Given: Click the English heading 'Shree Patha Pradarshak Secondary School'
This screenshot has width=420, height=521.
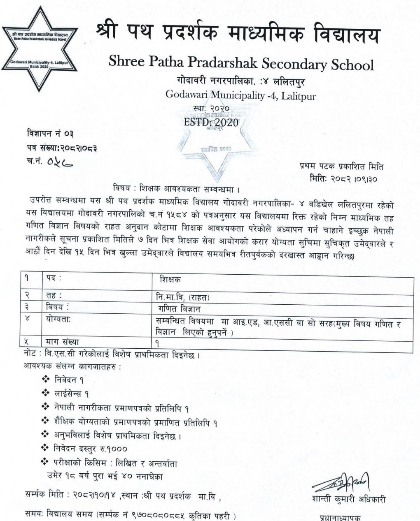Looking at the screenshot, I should point(241,64).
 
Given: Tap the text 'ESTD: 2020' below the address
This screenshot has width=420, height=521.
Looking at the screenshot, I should point(211,122).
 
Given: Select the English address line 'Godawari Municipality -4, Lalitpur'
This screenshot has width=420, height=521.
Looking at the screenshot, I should point(240,95).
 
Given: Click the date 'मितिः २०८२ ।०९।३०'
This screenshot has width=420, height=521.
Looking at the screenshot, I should point(343,179).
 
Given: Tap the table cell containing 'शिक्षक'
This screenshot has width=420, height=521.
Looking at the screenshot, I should point(170,279).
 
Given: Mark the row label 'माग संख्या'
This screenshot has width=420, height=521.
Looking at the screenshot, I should point(62,341).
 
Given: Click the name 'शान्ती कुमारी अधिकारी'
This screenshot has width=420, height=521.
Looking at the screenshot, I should point(348,500).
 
